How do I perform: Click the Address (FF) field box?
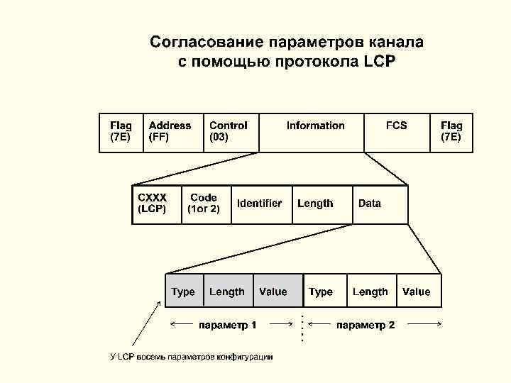coord(173,132)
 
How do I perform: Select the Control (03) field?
coord(231,132)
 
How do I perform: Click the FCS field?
coord(397,132)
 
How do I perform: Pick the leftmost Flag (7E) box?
coord(121,132)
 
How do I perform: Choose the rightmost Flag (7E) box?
coord(451,132)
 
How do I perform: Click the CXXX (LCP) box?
coord(157,204)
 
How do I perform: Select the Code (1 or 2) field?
coord(206,204)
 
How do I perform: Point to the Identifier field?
coord(260,204)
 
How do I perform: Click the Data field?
coord(380,204)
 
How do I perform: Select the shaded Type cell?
coord(184,292)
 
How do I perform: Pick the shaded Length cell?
coord(228,292)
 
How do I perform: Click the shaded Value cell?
coord(277,292)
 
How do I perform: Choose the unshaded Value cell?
coord(417,292)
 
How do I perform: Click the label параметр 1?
coord(228,325)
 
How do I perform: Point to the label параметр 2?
coord(366,325)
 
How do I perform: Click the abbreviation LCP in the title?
coord(378,62)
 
